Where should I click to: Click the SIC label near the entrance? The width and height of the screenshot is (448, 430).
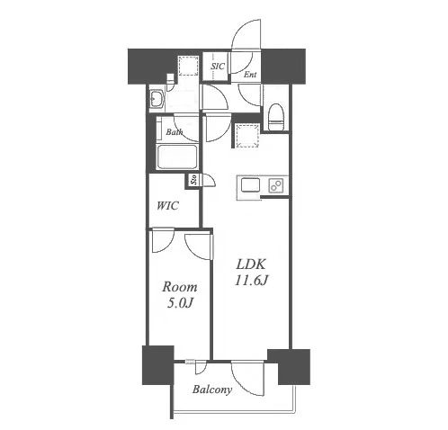(x=218, y=67)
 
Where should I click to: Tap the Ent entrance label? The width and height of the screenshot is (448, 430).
(x=250, y=75)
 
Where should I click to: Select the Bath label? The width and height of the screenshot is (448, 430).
(x=175, y=131)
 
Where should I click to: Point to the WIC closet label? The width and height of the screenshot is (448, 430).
(x=167, y=206)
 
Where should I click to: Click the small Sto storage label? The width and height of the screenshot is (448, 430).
(x=194, y=179)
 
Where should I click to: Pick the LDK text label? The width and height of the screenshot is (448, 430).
(x=251, y=264)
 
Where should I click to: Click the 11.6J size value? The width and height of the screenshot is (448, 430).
(x=251, y=281)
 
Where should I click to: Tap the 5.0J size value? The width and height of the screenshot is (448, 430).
(x=179, y=303)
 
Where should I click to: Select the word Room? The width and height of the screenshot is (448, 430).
(x=180, y=287)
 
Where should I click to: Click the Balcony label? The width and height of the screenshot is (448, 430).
(x=212, y=390)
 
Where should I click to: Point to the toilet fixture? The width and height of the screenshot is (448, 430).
(x=275, y=117)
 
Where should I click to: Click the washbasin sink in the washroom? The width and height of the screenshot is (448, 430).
(x=156, y=98)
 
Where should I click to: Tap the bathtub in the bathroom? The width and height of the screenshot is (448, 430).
(x=177, y=157)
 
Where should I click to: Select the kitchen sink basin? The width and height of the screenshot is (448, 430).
(x=250, y=184)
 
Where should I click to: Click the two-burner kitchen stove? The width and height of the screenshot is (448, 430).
(x=276, y=184)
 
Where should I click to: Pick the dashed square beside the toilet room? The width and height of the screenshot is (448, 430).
(x=247, y=136)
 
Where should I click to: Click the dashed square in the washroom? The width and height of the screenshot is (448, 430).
(x=188, y=66)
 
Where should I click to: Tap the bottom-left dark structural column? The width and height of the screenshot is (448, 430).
(x=158, y=365)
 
